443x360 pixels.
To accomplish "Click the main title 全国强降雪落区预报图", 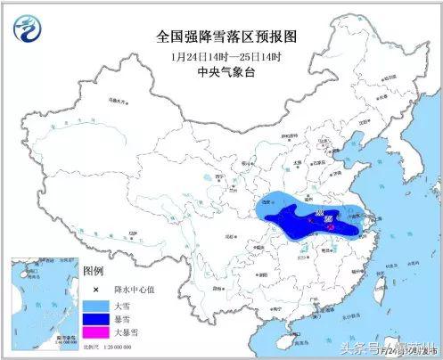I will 226,37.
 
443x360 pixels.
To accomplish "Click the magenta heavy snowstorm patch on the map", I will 332,228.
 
